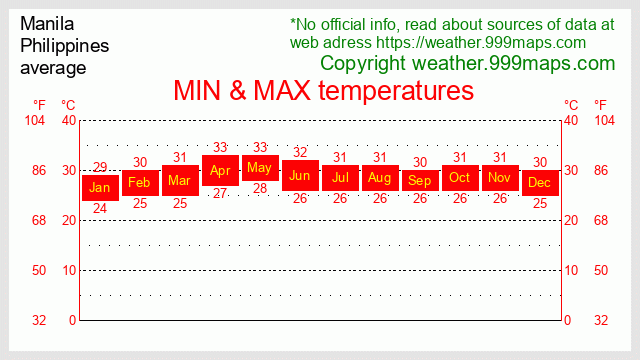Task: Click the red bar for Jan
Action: pos(100,187)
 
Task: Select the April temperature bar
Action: pos(220,170)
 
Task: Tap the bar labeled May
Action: pos(260,167)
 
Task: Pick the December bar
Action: pos(540,182)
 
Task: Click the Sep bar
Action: pos(420,180)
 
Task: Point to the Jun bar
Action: pos(300,175)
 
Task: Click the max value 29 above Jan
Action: pos(100,167)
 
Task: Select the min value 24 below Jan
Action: pos(100,208)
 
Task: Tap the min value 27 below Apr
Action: pos(220,193)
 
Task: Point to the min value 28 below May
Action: pos(260,188)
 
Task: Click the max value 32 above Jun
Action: pos(300,152)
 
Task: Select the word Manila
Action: pos(47,23)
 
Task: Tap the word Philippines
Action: pos(65,45)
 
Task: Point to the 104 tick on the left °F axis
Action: pos(35,121)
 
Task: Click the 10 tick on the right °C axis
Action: pos(571,270)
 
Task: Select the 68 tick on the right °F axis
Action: pos(602,220)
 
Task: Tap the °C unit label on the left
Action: pos(69,104)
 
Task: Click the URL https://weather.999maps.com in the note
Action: pos(481,42)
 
